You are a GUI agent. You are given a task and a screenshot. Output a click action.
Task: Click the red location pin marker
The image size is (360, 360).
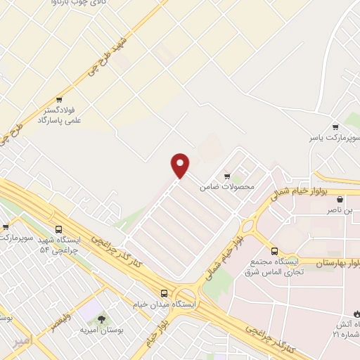pos(181,165)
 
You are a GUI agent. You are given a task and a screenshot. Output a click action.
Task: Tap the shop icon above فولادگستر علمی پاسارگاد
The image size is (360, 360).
pos(60,100)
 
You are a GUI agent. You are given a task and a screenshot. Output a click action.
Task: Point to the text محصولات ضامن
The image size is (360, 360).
pos(226,187)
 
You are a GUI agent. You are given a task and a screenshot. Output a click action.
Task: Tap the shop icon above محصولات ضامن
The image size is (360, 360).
pos(226,176)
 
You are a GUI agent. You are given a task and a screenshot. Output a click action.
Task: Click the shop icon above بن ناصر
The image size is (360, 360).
pos(341,198)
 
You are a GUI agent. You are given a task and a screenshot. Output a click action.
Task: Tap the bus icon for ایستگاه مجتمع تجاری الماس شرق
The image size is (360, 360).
pos(275,251)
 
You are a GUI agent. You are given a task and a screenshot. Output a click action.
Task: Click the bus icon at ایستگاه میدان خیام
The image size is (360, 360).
pos(164,292)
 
